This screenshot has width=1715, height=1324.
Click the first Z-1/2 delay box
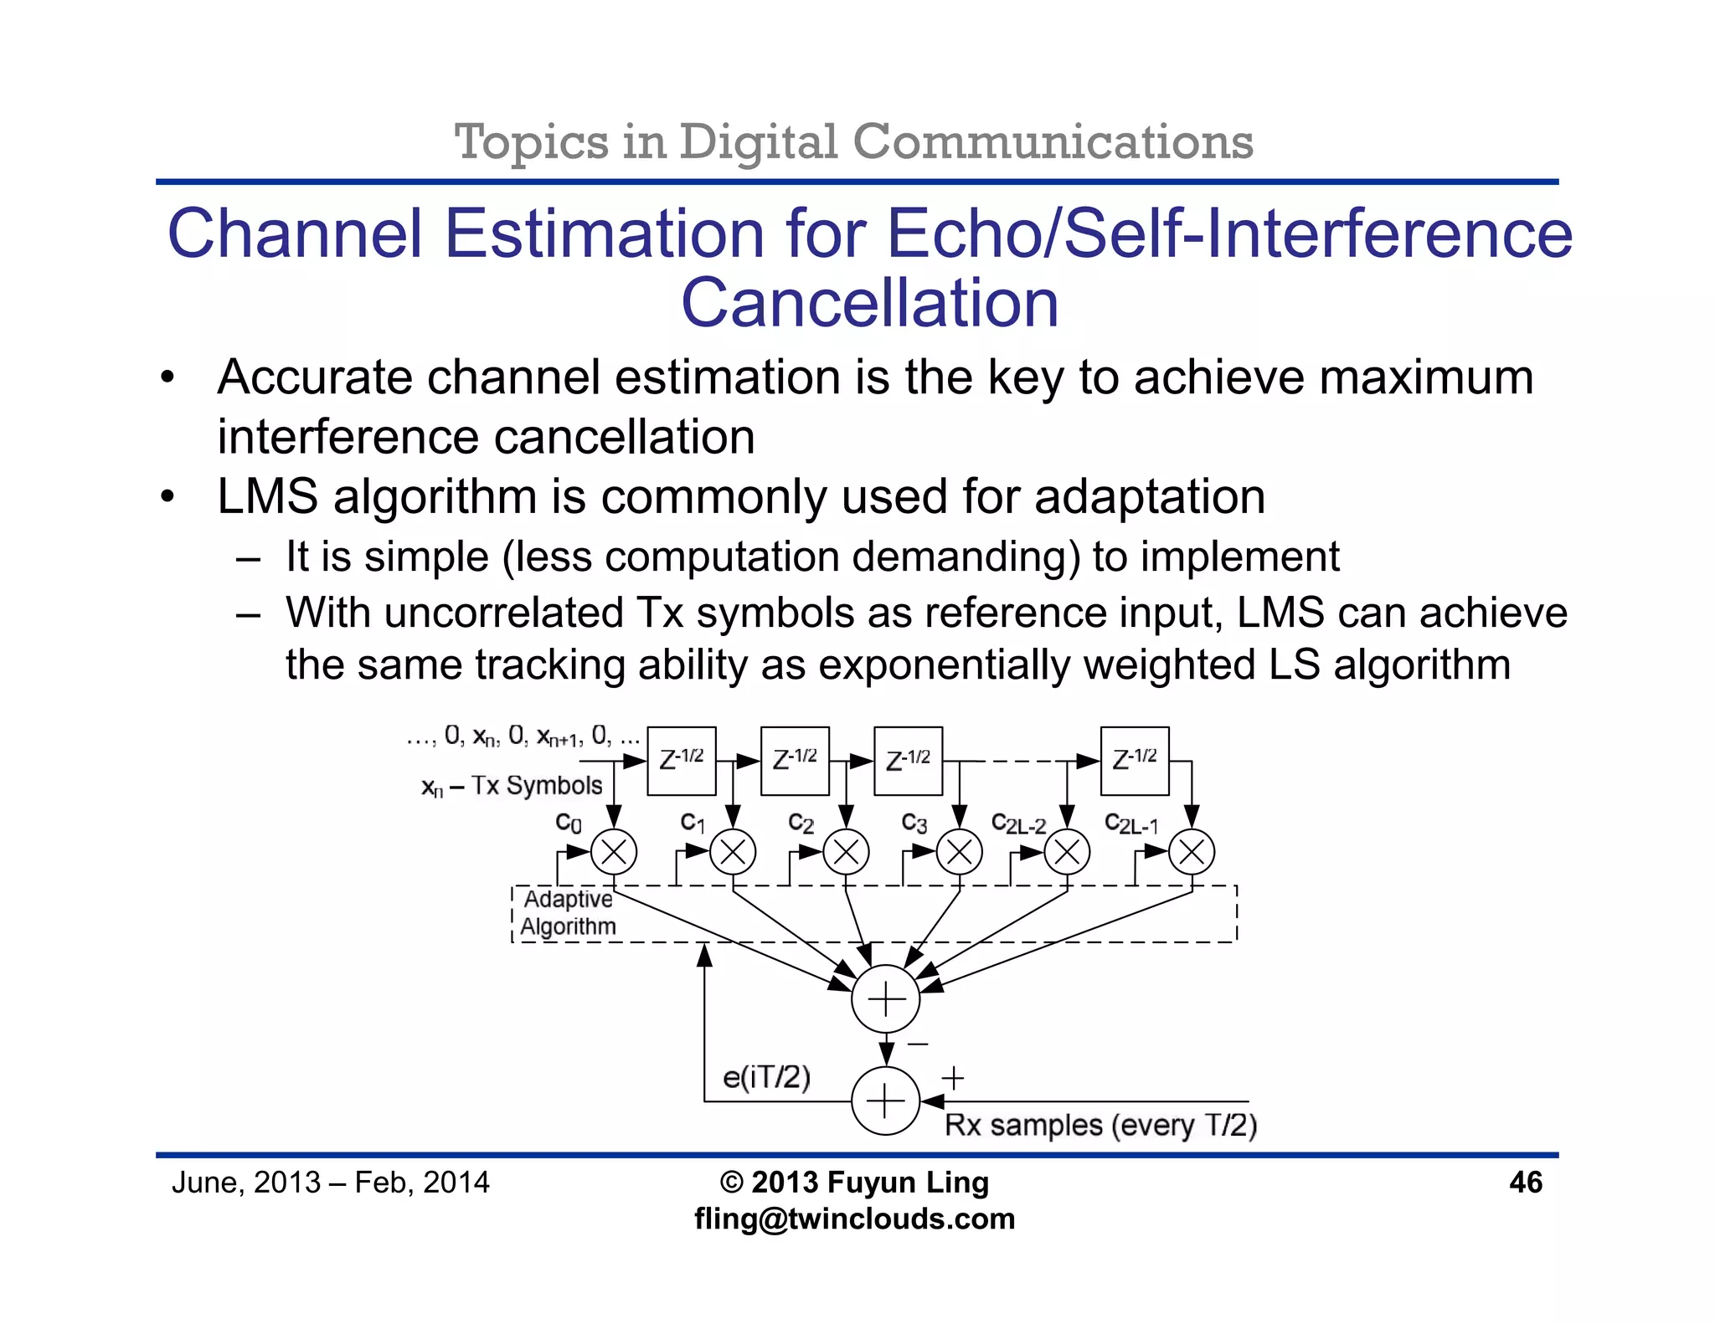tap(682, 761)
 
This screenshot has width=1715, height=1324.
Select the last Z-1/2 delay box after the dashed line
tap(1134, 761)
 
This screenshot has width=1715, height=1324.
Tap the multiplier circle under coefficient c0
tap(614, 853)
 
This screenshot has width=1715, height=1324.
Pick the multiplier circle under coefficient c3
tap(959, 853)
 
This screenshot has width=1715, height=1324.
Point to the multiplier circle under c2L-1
tap(1191, 853)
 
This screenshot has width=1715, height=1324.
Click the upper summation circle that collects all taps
tap(885, 999)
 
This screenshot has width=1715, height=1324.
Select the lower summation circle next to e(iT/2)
tap(885, 1101)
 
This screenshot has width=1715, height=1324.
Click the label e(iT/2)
tap(766, 1077)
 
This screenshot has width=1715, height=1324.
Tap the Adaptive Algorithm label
tap(569, 913)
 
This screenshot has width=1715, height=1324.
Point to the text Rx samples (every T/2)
tap(1100, 1126)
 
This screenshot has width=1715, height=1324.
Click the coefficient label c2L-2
tap(1018, 824)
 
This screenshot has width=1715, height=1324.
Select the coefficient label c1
tap(693, 823)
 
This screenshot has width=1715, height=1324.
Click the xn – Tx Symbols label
tap(512, 786)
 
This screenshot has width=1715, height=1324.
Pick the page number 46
tap(1525, 1183)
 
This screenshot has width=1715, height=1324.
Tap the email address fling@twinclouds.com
tap(854, 1219)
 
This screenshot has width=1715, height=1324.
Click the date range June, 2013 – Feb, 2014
tap(330, 1183)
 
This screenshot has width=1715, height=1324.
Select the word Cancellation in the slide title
tap(869, 303)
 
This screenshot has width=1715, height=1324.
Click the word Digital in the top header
tap(757, 141)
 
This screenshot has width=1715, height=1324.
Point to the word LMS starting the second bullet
tap(267, 496)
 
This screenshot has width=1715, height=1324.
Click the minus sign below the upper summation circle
tap(918, 1044)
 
